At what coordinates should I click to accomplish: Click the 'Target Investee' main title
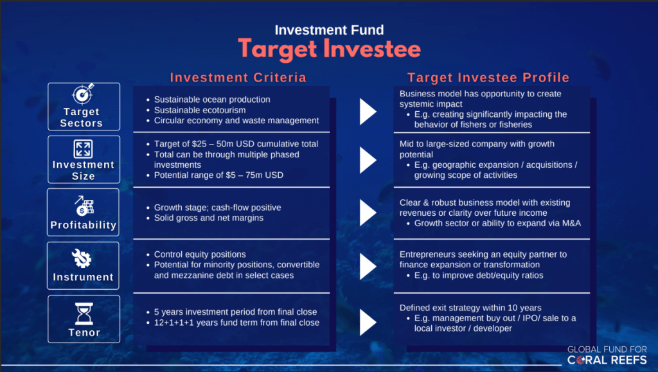click(x=329, y=49)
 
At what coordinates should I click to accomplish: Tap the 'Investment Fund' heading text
click(x=329, y=30)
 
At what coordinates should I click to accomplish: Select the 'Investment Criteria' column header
click(x=238, y=78)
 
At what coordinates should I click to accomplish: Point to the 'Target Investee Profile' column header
click(x=488, y=78)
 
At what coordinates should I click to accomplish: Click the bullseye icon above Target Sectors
click(x=83, y=94)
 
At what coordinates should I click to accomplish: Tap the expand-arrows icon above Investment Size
click(x=83, y=149)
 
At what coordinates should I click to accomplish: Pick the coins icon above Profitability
click(x=84, y=206)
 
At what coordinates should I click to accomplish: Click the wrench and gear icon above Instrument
click(x=82, y=258)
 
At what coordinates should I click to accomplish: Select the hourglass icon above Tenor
click(x=84, y=314)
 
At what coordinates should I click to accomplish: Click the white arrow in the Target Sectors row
click(x=368, y=112)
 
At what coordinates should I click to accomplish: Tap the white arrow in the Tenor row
click(x=368, y=323)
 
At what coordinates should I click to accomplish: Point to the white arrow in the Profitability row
click(x=368, y=213)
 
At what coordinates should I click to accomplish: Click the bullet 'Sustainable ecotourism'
click(x=200, y=110)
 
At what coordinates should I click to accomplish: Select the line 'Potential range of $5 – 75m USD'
click(x=218, y=175)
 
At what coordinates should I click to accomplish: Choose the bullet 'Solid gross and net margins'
click(x=209, y=218)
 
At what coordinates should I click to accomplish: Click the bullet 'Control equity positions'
click(x=200, y=254)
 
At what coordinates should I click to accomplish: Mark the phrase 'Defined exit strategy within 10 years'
click(x=470, y=308)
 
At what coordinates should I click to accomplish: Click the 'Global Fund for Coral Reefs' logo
click(x=607, y=355)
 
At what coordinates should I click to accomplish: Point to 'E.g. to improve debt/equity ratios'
click(x=479, y=276)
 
